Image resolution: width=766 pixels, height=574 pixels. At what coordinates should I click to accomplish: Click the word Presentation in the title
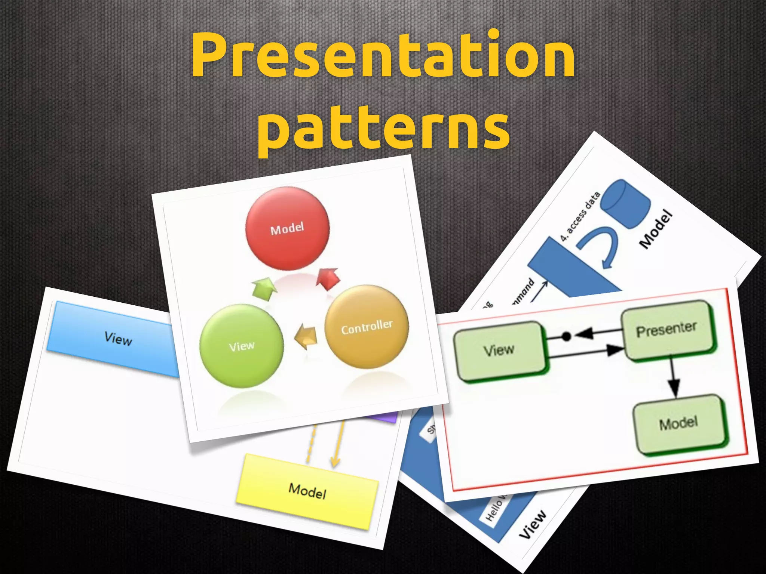[383, 56]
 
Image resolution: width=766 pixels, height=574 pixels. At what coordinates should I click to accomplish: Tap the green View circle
[241, 346]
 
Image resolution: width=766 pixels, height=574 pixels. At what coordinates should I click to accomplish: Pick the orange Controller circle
[367, 327]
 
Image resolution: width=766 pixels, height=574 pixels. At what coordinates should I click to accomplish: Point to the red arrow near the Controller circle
[328, 279]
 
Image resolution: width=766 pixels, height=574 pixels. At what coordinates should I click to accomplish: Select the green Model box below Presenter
[679, 424]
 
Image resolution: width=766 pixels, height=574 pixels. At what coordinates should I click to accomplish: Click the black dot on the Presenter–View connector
[567, 336]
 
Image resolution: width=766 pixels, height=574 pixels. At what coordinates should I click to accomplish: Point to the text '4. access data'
[580, 217]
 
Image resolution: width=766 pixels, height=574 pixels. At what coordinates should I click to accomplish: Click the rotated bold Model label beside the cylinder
[656, 230]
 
